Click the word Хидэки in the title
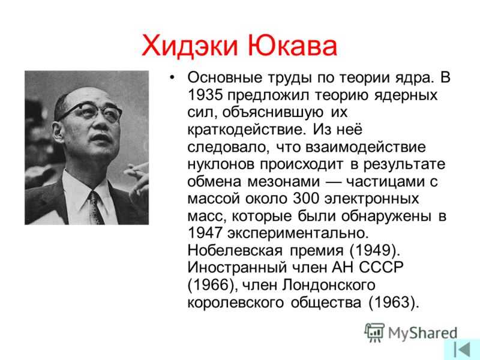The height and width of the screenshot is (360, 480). click(x=190, y=46)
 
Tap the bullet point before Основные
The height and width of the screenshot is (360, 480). click(x=172, y=78)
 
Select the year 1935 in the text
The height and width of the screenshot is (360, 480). click(x=205, y=95)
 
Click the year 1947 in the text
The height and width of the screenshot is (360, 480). click(x=205, y=233)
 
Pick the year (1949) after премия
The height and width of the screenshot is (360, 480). click(x=374, y=250)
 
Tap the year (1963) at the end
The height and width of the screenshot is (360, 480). click(x=394, y=302)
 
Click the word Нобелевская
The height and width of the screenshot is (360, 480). click(x=235, y=250)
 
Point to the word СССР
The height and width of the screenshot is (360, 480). click(x=381, y=268)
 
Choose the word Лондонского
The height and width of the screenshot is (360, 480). click(x=328, y=286)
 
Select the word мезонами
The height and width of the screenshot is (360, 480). click(x=283, y=182)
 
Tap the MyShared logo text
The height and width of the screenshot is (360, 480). click(x=423, y=334)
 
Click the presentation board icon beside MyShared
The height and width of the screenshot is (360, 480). click(x=374, y=332)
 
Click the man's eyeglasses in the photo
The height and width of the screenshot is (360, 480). click(x=92, y=111)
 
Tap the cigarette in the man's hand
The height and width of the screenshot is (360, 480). click(x=139, y=167)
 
